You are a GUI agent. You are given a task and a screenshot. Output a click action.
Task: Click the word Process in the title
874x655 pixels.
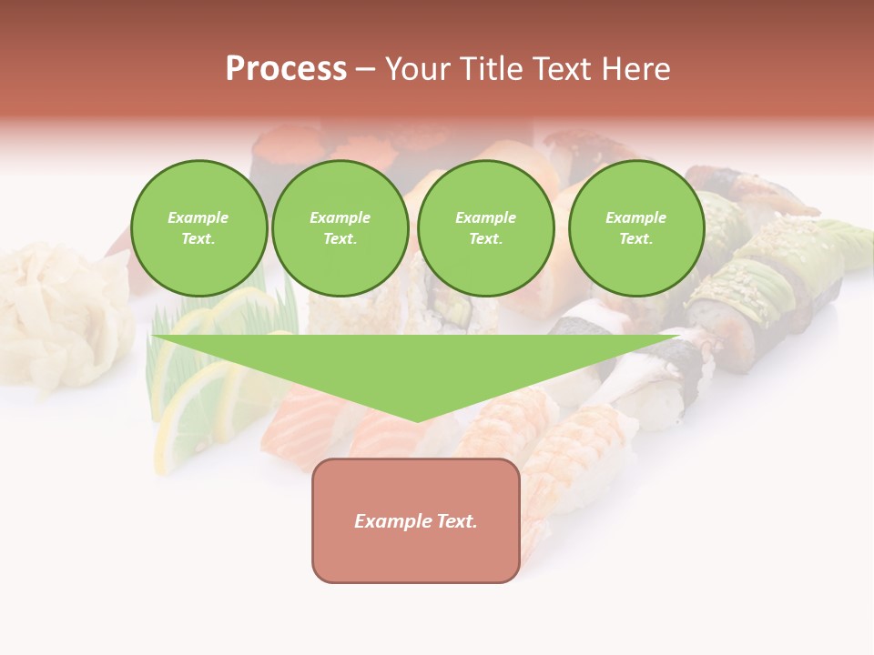[286, 69]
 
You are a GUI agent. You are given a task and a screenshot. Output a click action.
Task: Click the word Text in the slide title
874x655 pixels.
[564, 69]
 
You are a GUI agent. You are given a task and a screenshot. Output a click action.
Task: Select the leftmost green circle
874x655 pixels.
[198, 228]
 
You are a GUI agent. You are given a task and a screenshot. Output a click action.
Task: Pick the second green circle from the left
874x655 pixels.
[340, 228]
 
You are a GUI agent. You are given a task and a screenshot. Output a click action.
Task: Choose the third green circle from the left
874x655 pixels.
[485, 228]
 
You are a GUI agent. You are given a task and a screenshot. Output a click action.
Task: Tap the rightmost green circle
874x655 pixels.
[635, 228]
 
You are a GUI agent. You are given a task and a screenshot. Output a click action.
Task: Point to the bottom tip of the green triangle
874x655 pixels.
[417, 419]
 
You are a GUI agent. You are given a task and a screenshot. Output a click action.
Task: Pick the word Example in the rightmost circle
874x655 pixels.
[635, 217]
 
